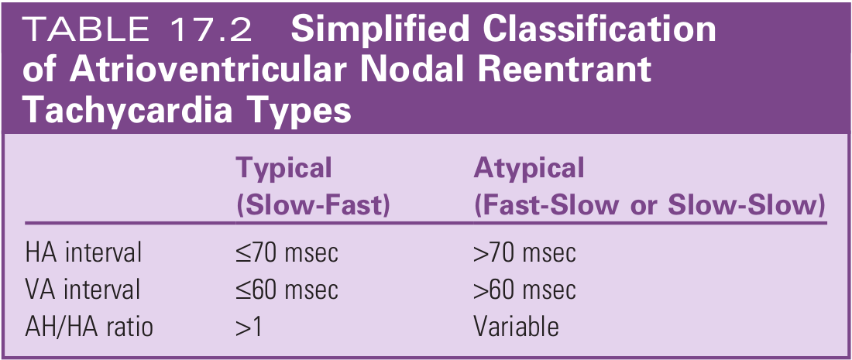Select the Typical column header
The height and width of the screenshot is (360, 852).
point(283,168)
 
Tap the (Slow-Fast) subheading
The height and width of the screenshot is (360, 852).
point(312,205)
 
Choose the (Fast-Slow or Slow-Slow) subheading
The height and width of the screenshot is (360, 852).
point(648,205)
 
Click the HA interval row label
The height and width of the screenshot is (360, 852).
point(83,252)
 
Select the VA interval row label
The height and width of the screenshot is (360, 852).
point(83,290)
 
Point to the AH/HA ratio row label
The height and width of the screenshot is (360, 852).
point(89,327)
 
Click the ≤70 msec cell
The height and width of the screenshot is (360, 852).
point(287,252)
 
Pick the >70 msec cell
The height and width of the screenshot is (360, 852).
point(524,252)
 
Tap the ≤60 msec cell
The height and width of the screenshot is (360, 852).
point(287,290)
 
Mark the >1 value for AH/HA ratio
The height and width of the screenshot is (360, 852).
point(249,327)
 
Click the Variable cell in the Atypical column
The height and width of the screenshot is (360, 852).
point(515,327)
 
